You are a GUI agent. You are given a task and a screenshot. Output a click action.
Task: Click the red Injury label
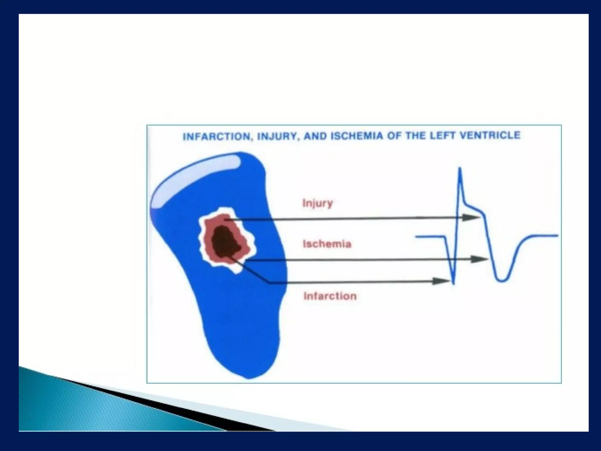coord(318,203)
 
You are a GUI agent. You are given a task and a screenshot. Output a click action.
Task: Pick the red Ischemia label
coord(327,244)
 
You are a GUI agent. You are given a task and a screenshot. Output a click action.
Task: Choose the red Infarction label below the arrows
coord(330,296)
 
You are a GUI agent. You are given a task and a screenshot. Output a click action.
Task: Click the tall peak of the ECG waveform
coord(460,169)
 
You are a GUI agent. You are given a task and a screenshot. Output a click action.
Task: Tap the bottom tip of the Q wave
coord(454,283)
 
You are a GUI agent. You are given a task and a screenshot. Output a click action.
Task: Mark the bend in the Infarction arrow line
coord(269,282)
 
